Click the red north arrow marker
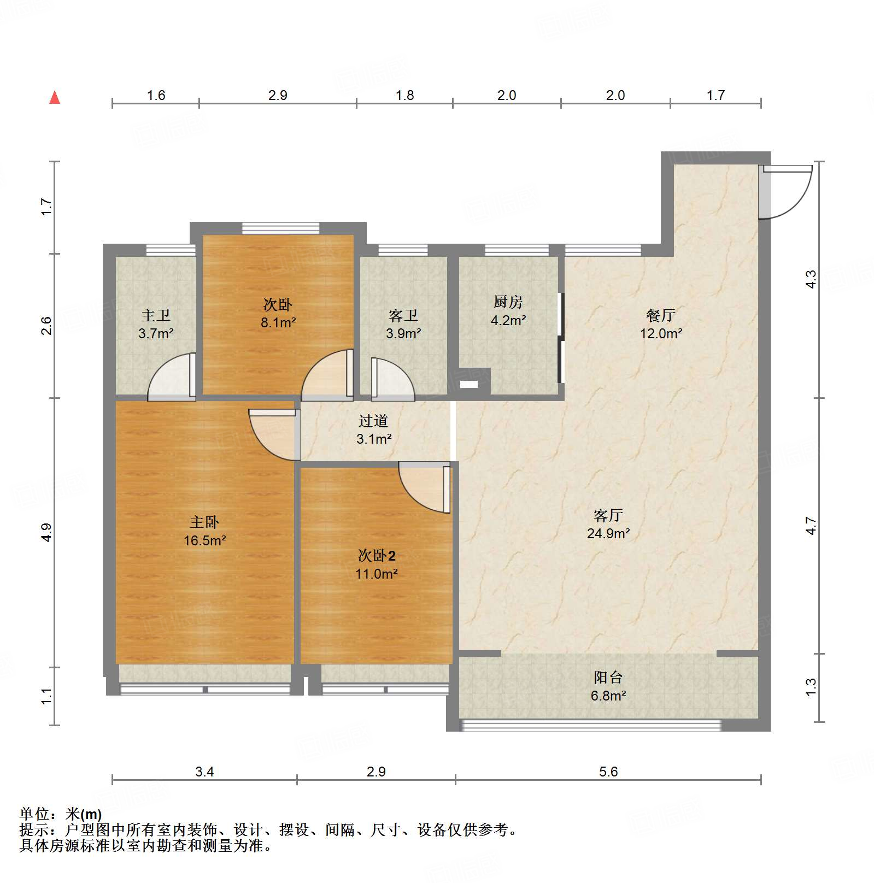[x=55, y=98]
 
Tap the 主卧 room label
[x=204, y=522]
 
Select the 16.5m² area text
[x=204, y=540]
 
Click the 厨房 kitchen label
[x=508, y=302]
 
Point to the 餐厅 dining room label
[x=660, y=315]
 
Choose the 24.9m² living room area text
[x=608, y=533]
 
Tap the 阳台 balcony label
[x=608, y=678]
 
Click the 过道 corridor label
[x=373, y=421]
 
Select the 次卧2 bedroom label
[x=376, y=556]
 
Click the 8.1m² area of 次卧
[x=278, y=322]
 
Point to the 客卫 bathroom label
[x=403, y=315]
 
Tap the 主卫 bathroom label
[x=155, y=315]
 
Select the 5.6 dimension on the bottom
[x=608, y=772]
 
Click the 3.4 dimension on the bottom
[x=204, y=772]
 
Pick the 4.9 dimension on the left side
[x=46, y=532]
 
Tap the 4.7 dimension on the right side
[x=811, y=526]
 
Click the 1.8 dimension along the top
[x=404, y=96]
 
